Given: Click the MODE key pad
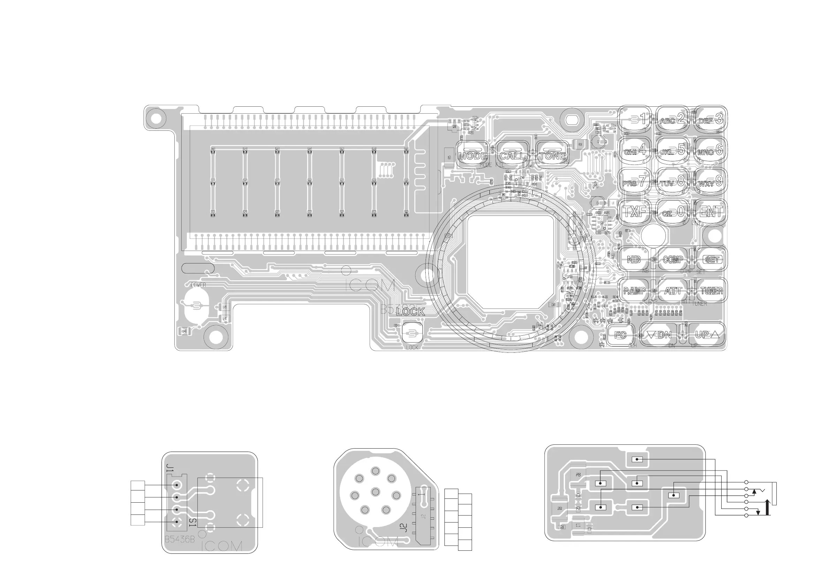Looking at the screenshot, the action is (472, 155).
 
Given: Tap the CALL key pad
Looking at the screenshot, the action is (512, 155).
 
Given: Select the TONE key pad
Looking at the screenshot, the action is (552, 155).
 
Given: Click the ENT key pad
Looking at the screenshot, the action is (711, 212).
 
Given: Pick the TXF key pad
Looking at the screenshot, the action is (635, 212).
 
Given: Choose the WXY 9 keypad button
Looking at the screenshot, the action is (710, 181).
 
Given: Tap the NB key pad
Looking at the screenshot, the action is (634, 259).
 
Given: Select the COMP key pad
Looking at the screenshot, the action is (673, 259).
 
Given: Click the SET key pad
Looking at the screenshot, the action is (711, 259).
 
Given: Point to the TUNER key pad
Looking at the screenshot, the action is (711, 291).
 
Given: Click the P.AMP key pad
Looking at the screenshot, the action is (634, 291).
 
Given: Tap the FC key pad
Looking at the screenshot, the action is (620, 335).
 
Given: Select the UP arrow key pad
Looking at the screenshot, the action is (707, 335).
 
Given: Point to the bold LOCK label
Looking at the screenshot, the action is (410, 312).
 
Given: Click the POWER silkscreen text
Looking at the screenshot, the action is (198, 285).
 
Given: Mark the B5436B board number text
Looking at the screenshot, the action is (180, 539).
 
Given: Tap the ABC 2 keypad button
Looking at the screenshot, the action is (672, 119).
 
